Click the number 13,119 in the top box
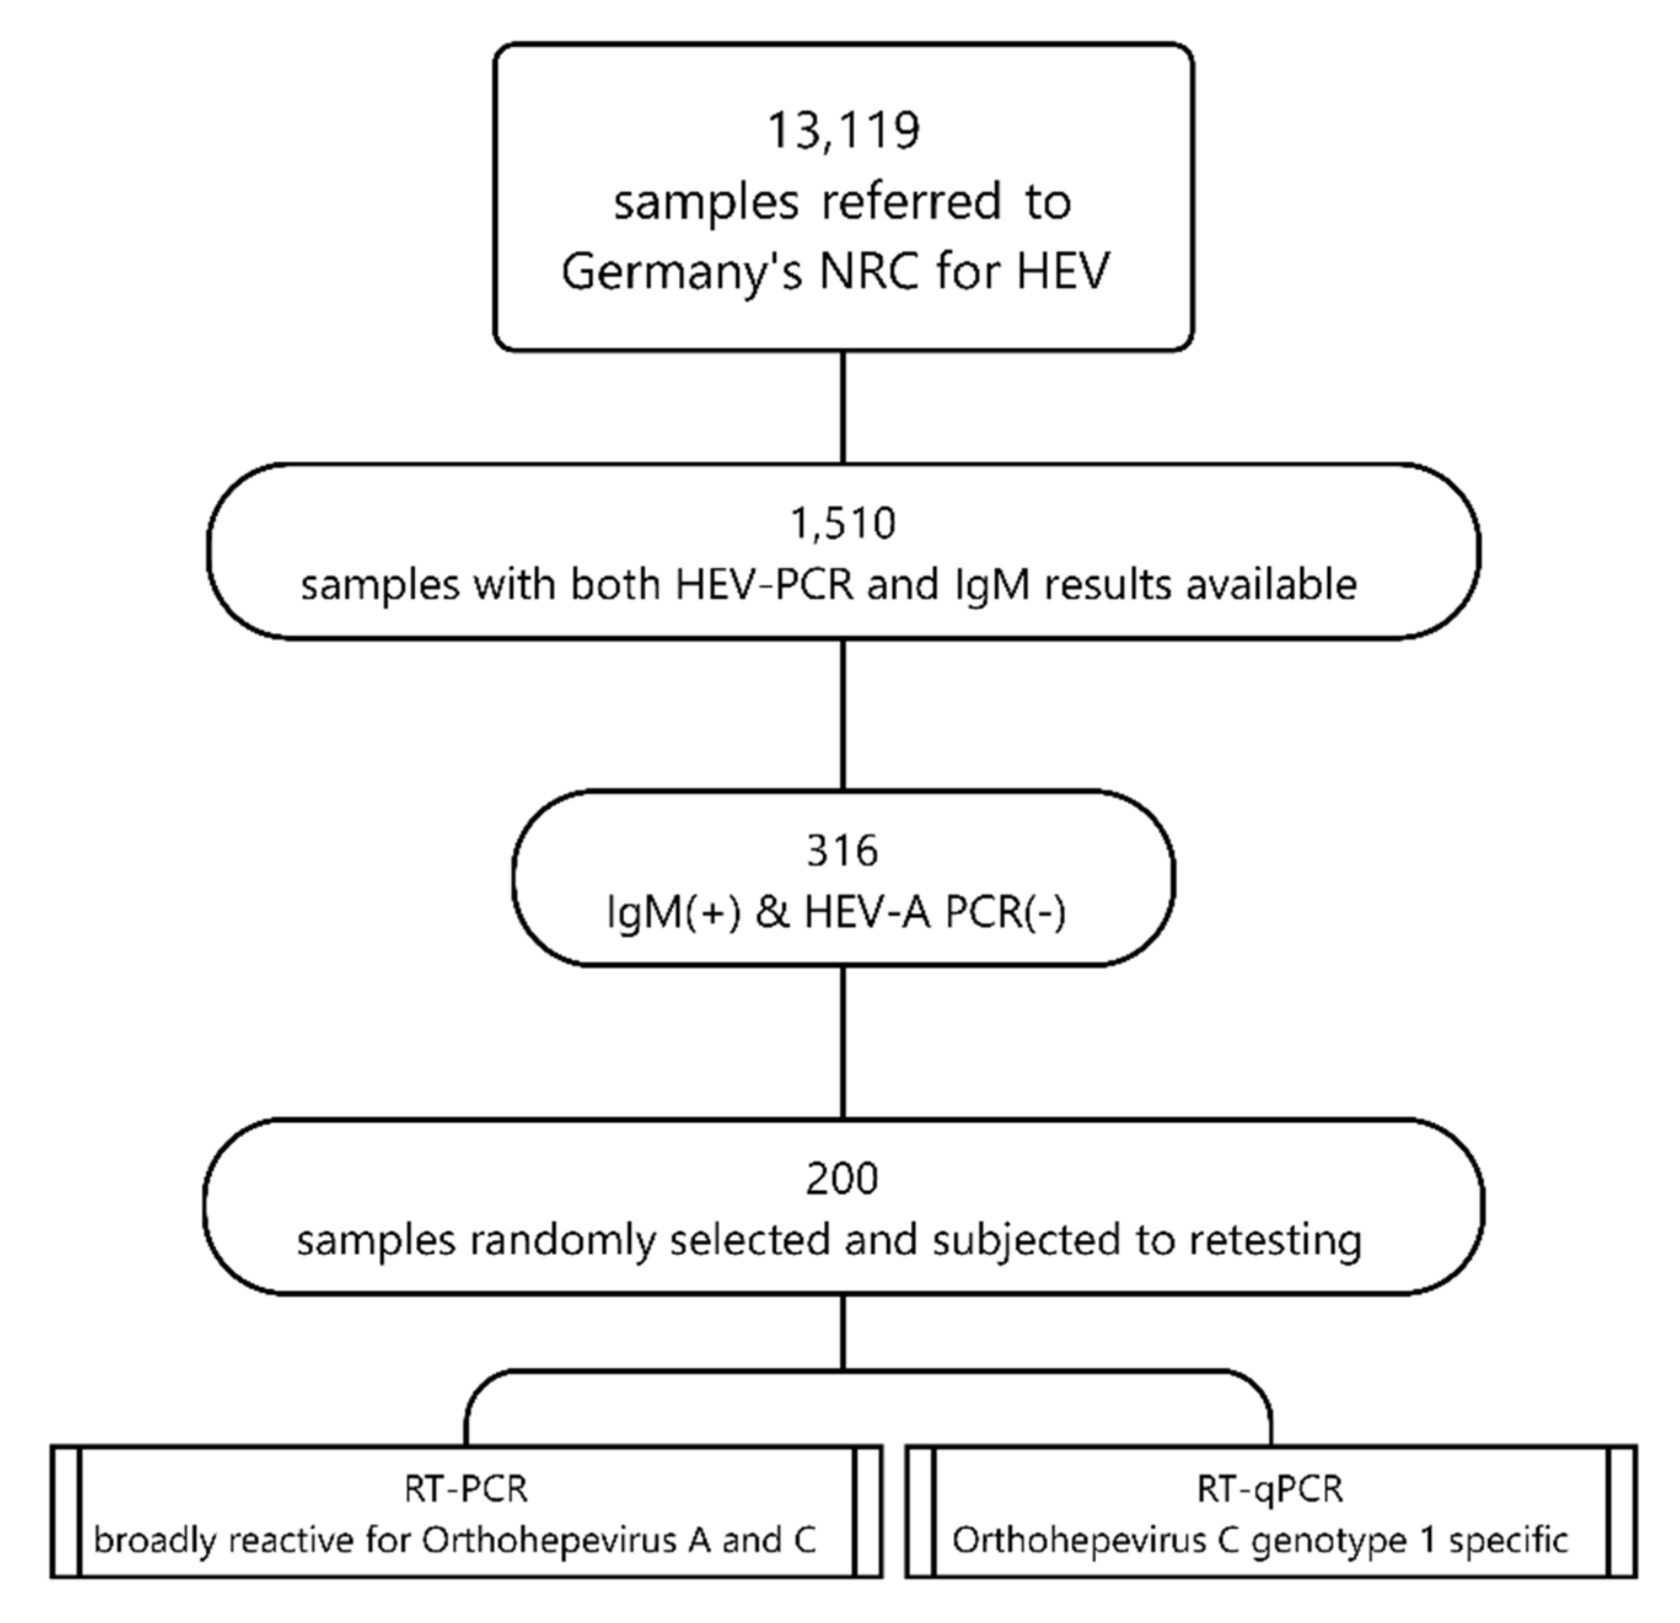point(843,131)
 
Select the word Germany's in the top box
point(682,271)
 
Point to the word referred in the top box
point(910,203)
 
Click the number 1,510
point(843,523)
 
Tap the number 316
point(843,851)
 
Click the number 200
point(843,1178)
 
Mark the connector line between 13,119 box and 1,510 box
point(843,407)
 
